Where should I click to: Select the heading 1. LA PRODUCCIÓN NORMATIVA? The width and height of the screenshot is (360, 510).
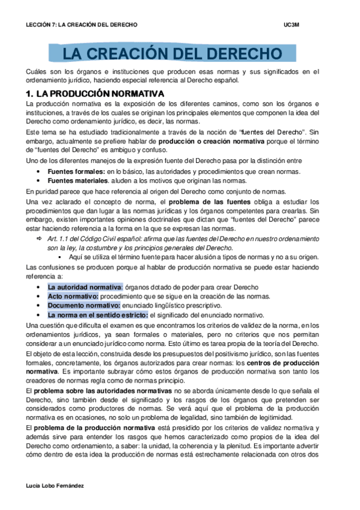[95, 94]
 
